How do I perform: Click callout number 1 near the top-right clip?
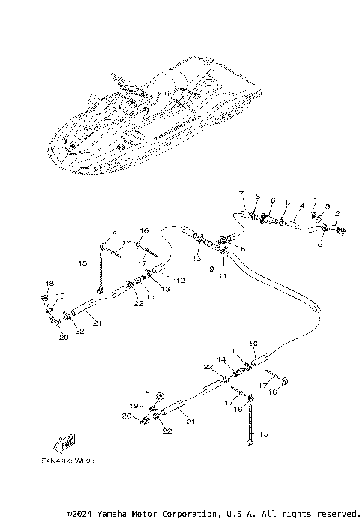[x=316, y=200]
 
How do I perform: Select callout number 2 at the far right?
[x=337, y=214]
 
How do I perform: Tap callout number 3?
[x=327, y=206]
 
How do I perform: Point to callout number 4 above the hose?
[x=301, y=205]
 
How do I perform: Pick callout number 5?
[x=288, y=203]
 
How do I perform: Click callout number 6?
[x=273, y=200]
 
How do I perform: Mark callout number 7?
[x=241, y=194]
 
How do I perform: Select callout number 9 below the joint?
[x=211, y=268]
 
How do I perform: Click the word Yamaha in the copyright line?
[x=113, y=513]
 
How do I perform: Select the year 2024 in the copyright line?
[x=82, y=513]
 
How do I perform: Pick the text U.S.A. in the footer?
[x=239, y=513]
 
